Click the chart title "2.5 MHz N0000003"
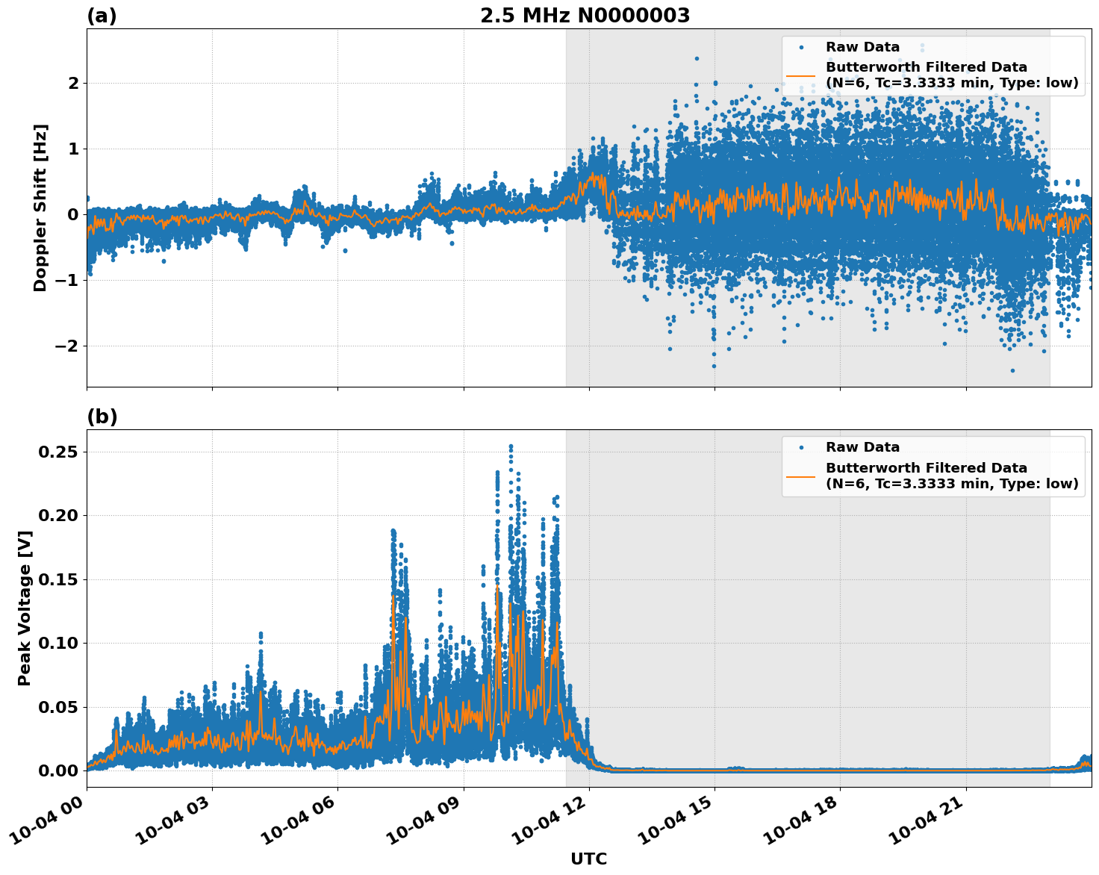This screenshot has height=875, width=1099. pyautogui.click(x=585, y=16)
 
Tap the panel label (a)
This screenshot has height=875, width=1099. pyautogui.click(x=102, y=16)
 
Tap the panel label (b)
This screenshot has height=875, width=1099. pyautogui.click(x=102, y=417)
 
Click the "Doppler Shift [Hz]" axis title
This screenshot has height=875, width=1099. pyautogui.click(x=40, y=208)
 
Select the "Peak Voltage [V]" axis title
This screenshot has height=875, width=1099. pyautogui.click(x=25, y=608)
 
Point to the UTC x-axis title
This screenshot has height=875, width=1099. pyautogui.click(x=588, y=859)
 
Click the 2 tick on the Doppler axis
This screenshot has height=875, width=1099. pyautogui.click(x=73, y=83)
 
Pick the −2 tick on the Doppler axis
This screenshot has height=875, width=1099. pyautogui.click(x=66, y=346)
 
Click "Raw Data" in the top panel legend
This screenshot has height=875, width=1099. pyautogui.click(x=862, y=47)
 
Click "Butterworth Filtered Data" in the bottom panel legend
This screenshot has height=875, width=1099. pyautogui.click(x=926, y=468)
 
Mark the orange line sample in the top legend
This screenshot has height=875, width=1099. pyautogui.click(x=801, y=75)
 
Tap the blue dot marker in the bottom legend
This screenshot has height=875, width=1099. pyautogui.click(x=801, y=447)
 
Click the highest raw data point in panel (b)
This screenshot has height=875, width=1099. pyautogui.click(x=511, y=446)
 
